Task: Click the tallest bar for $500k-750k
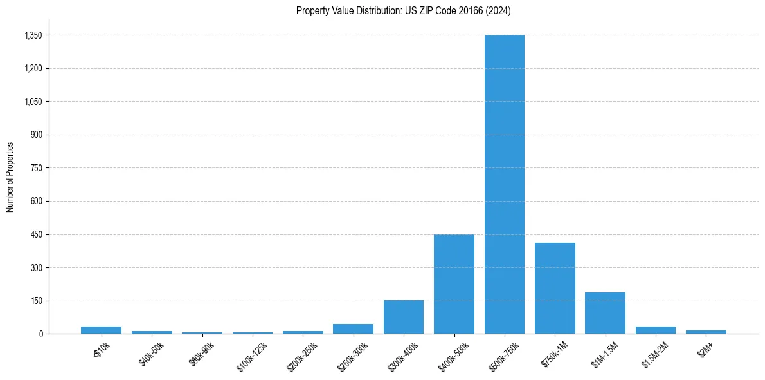[x=505, y=184]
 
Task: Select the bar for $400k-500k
[x=454, y=284]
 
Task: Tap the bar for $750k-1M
[x=555, y=289]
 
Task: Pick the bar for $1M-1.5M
[x=605, y=313]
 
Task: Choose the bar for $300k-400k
[x=404, y=317]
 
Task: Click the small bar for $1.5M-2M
[x=656, y=330]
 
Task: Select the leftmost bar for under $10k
[x=101, y=330]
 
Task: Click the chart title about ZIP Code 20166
[x=404, y=11]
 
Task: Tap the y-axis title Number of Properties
[x=10, y=176]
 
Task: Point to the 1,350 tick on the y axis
[x=33, y=35]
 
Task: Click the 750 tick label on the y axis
[x=36, y=168]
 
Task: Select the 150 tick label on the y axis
[x=36, y=301]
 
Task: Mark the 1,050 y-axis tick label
[x=33, y=102]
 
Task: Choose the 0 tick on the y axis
[x=40, y=334]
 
